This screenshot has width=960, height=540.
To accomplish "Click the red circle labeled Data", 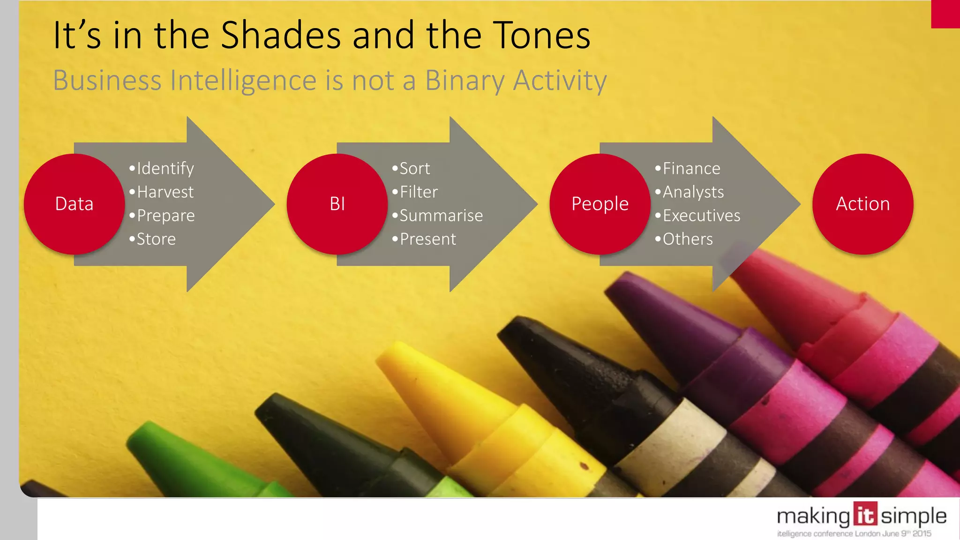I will point(74,204).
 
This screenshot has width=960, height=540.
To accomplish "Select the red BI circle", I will point(337,204).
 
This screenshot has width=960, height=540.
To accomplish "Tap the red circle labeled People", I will point(600,204).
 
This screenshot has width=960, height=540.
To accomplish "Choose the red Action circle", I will point(862,204).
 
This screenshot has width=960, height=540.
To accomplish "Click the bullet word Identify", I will point(165,169).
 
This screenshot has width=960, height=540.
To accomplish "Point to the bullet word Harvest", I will point(165,192).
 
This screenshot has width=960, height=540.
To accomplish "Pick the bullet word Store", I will point(156,239).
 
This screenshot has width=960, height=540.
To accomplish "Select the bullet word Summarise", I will point(441,216).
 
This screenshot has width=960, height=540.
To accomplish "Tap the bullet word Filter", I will point(419,192).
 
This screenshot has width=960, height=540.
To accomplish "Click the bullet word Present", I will point(427,239).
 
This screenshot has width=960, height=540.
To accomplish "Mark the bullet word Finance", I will point(691,169).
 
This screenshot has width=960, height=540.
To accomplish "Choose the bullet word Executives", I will point(701,216).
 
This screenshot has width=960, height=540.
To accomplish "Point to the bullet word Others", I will point(688,239).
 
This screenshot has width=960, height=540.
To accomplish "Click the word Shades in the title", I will point(281,35).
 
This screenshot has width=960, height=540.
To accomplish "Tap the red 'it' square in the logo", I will point(864,515).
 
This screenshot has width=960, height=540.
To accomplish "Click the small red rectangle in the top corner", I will point(945,14).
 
